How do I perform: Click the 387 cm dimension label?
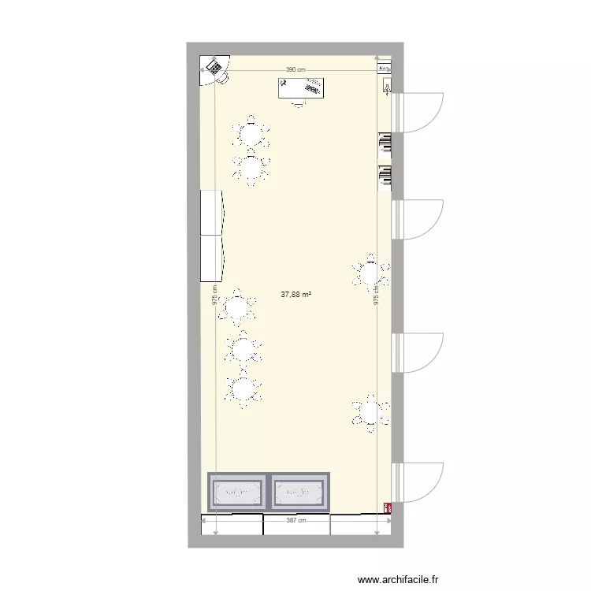[x=296, y=520]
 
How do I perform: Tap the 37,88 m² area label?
[x=295, y=295]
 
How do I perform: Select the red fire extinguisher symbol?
[x=387, y=508]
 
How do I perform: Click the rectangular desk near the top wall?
[x=301, y=88]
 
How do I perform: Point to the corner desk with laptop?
[x=214, y=69]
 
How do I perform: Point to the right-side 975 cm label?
[x=377, y=295]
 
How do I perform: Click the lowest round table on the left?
[x=243, y=388]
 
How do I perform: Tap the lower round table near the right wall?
[x=370, y=412]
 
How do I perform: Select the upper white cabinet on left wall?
[x=212, y=213]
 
